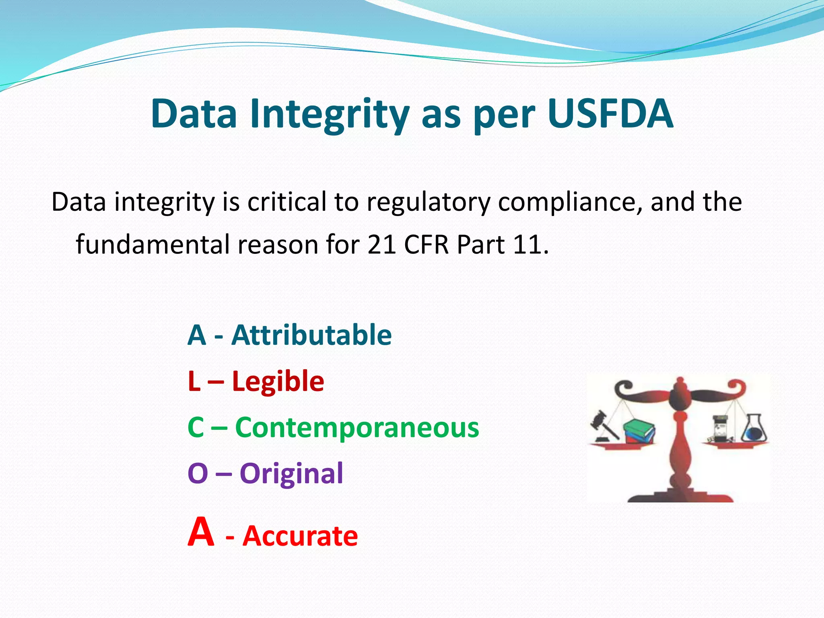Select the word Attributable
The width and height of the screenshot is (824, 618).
pyautogui.click(x=311, y=335)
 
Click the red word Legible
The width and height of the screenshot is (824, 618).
pyautogui.click(x=278, y=381)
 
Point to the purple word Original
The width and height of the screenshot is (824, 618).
pyautogui.click(x=291, y=473)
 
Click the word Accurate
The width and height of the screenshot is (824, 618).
pyautogui.click(x=300, y=536)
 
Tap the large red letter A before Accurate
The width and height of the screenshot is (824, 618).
pyautogui.click(x=201, y=532)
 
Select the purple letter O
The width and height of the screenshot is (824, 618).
pyautogui.click(x=198, y=474)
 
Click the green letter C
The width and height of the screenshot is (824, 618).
pyautogui.click(x=196, y=427)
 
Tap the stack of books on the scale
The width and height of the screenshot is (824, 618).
pyautogui.click(x=639, y=431)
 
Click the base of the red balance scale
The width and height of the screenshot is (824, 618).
pyautogui.click(x=680, y=495)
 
